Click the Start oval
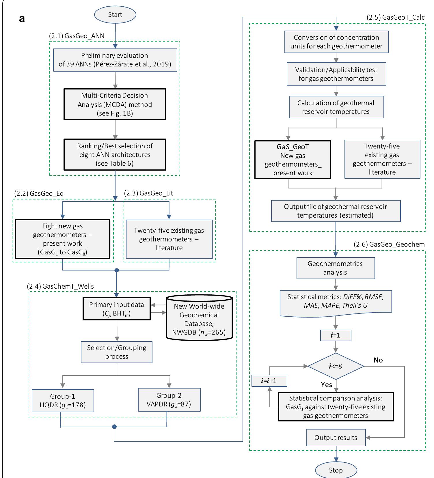pyautogui.click(x=115, y=15)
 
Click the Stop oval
pyautogui.click(x=336, y=470)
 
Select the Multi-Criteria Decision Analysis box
pyautogui.click(x=115, y=104)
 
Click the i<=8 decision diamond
pyautogui.click(x=336, y=366)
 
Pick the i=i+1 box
pyautogui.click(x=269, y=381)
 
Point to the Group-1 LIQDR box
pyautogui.click(x=63, y=401)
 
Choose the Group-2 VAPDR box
pyautogui.click(x=169, y=400)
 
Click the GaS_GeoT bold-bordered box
pyautogui.click(x=293, y=160)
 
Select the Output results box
pyautogui.click(x=336, y=438)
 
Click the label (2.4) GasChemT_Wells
pyautogui.click(x=60, y=286)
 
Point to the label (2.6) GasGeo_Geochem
pyautogui.click(x=389, y=244)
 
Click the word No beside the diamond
pyautogui.click(x=378, y=360)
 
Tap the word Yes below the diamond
pyautogui.click(x=326, y=385)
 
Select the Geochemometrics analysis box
pyautogui.click(x=336, y=268)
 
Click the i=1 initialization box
pyautogui.click(x=336, y=335)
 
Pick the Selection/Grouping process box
pyautogui.click(x=117, y=352)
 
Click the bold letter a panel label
pyautogui.click(x=22, y=19)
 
